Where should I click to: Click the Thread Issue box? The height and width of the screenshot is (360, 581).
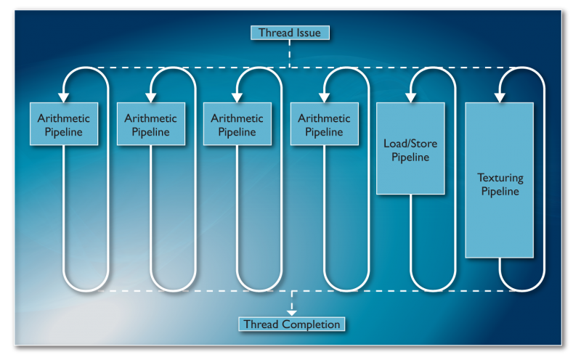coord(290,33)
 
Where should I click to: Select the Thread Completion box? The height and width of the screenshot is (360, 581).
coord(292,324)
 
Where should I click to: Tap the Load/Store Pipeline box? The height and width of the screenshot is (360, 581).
coord(410,148)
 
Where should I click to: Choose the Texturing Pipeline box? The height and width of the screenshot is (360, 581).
coord(500,180)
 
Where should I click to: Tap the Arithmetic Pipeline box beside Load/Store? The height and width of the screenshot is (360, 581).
coord(323,124)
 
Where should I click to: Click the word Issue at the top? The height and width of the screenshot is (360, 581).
coord(306,33)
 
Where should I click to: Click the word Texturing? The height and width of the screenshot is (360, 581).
coord(500,178)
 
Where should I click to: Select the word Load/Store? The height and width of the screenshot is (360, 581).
coord(410,144)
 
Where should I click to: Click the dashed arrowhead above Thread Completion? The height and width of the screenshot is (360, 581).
coord(292,310)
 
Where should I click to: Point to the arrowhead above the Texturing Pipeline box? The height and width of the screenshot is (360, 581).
coord(500,96)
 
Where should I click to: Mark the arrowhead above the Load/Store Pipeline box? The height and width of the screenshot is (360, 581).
coord(411,96)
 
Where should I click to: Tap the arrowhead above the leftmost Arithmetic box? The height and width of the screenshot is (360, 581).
coord(64,96)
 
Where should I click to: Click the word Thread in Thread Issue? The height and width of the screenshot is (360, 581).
coord(275,33)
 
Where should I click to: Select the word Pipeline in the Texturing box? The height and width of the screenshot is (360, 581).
coord(500,192)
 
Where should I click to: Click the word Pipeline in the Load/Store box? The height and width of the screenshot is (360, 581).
coord(410,157)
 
